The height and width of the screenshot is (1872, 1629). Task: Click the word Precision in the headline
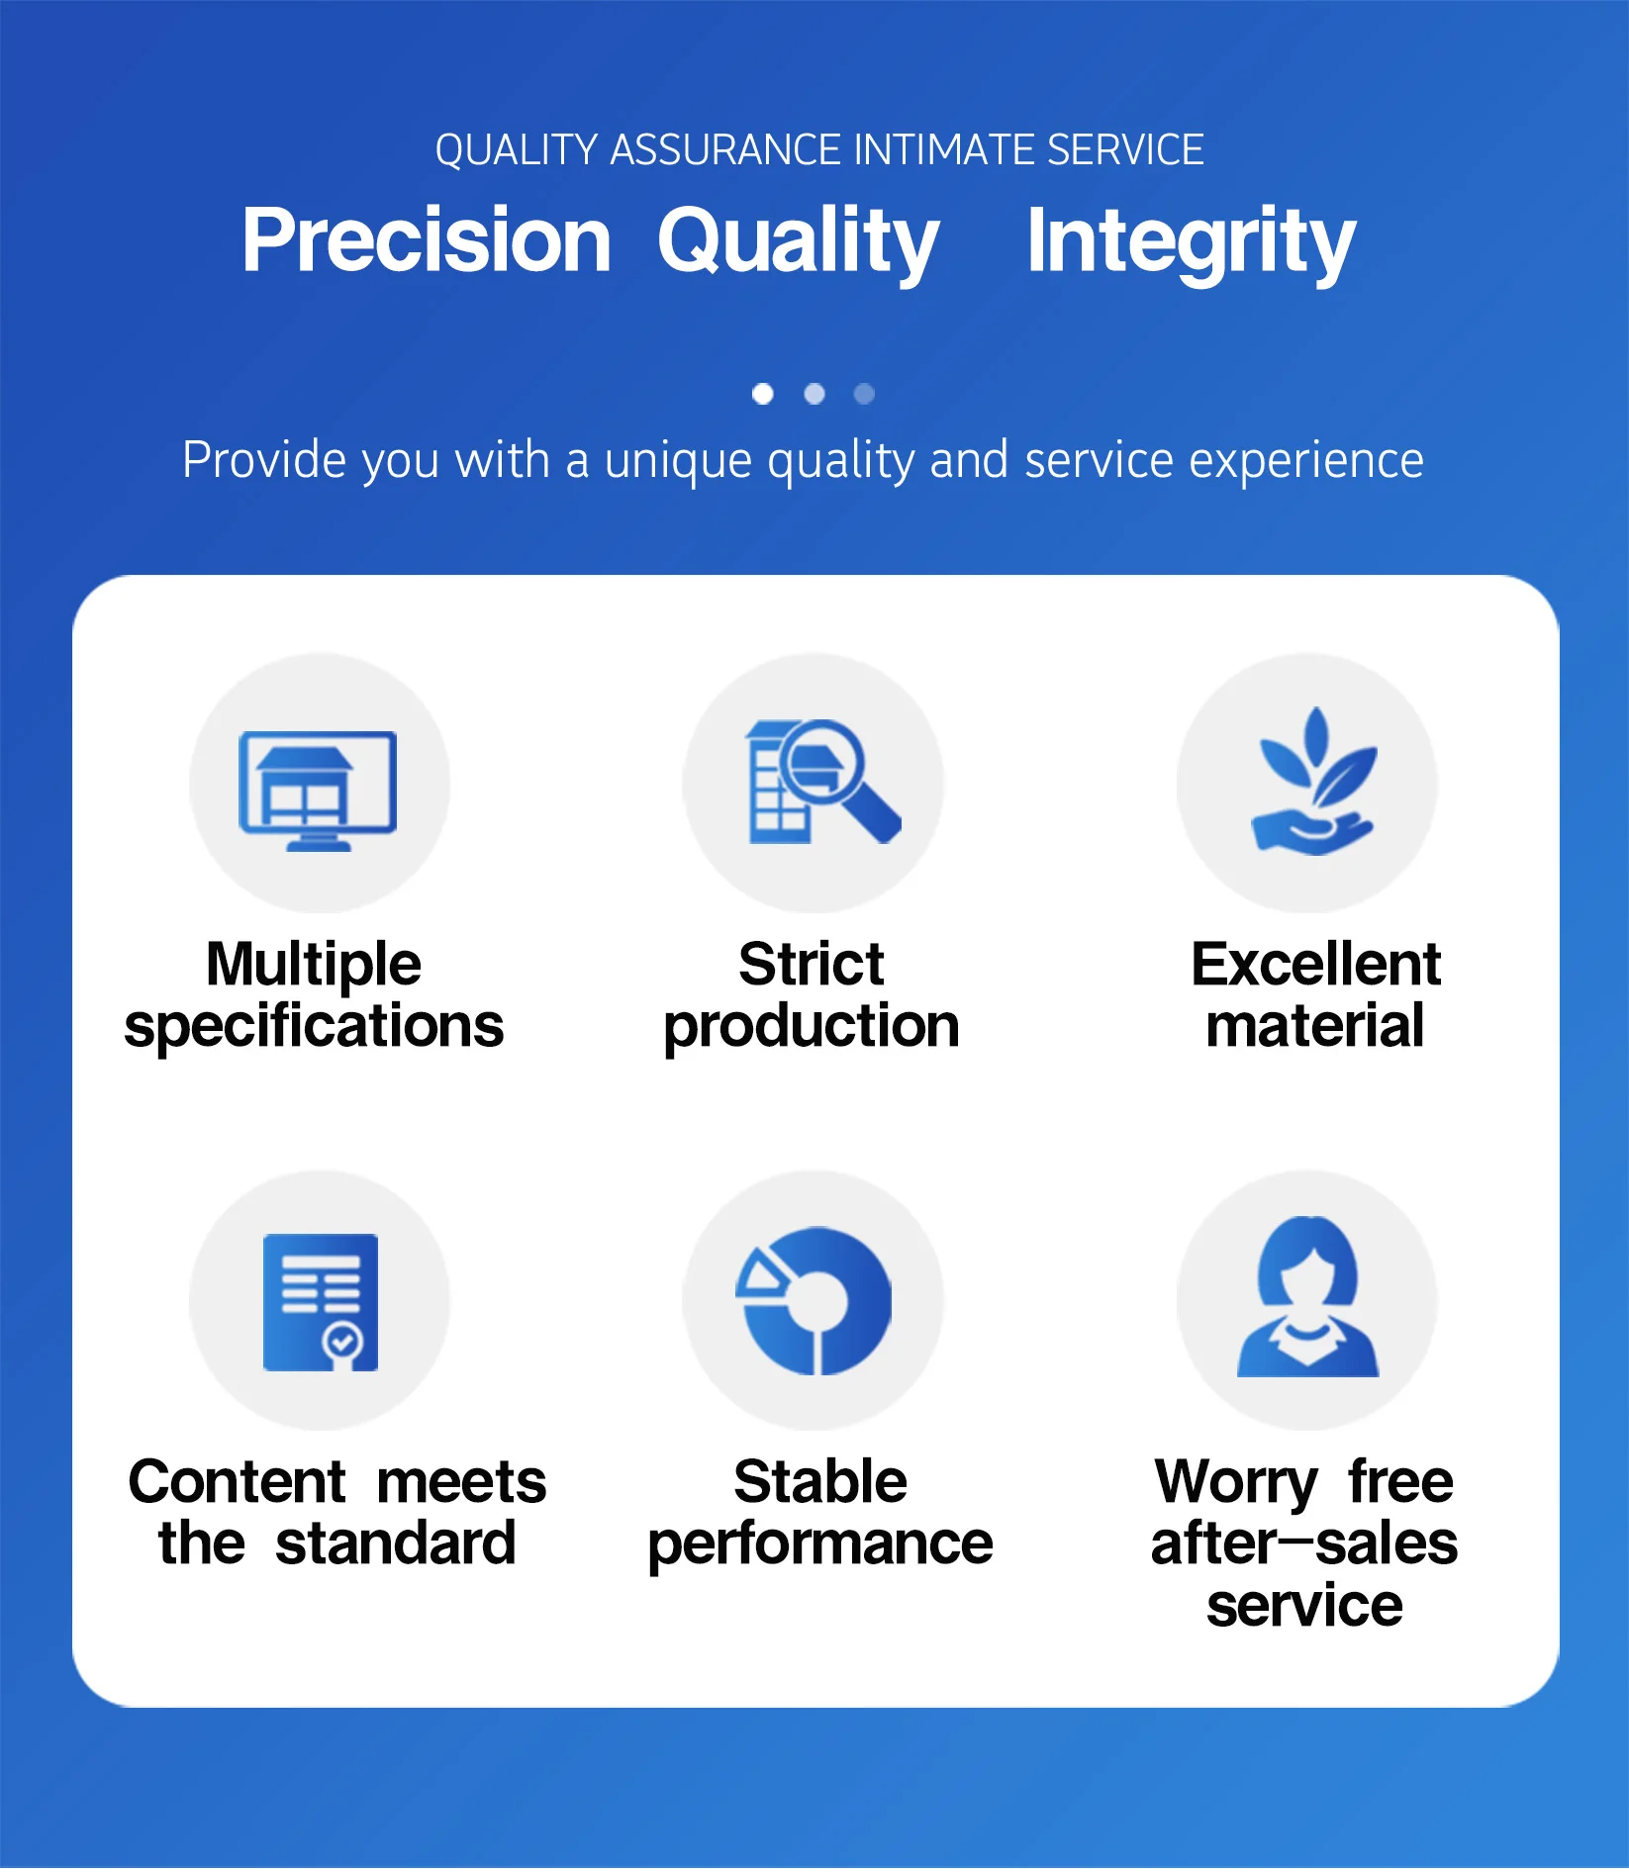tap(427, 240)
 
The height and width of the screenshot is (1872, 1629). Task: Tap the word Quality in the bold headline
tap(798, 242)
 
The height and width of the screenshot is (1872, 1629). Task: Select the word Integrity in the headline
tap(1191, 242)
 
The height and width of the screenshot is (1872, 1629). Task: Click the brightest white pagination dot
tap(762, 394)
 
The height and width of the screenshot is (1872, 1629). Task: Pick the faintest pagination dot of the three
tap(864, 394)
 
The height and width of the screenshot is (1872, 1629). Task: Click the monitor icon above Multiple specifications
tap(318, 791)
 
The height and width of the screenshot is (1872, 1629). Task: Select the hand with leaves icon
tap(1313, 781)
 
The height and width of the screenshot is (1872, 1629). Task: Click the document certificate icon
tap(321, 1302)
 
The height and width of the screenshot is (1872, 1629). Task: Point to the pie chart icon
tap(814, 1301)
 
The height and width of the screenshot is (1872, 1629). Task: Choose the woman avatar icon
tap(1307, 1297)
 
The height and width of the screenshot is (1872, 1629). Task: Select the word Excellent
tap(1315, 964)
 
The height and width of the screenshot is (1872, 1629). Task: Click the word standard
tap(396, 1543)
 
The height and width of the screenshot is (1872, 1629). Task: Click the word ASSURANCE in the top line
tap(727, 150)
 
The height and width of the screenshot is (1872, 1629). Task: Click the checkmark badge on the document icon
tap(342, 1343)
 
